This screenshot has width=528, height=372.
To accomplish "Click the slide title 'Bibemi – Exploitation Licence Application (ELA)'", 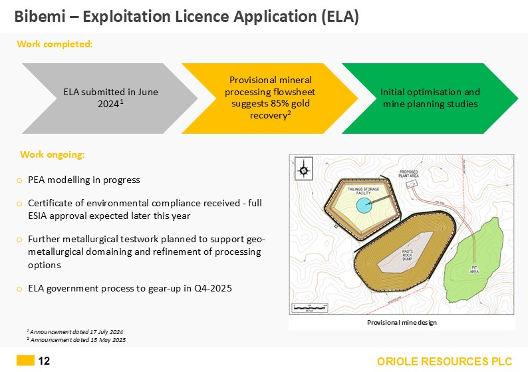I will [187, 17].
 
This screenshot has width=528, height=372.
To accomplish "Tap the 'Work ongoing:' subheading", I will [53, 154].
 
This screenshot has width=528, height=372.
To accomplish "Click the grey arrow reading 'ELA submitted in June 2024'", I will [110, 98].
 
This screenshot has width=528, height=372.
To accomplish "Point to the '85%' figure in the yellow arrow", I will [275, 104].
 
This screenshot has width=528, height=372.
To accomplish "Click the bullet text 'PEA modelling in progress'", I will [84, 180].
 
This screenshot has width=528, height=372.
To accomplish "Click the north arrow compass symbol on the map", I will [304, 170].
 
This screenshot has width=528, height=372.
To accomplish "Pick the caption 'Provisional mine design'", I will [402, 322].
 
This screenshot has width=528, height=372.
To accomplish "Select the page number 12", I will [44, 361].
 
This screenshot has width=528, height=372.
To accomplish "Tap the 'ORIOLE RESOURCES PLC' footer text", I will [445, 361].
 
